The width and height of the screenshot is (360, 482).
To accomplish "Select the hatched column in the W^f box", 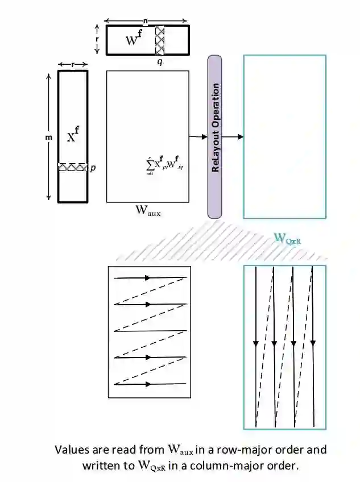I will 160,39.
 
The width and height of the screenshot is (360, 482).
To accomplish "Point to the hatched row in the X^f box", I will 72,168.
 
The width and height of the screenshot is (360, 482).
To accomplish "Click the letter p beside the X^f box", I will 93,168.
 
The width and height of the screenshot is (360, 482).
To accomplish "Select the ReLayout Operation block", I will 214,136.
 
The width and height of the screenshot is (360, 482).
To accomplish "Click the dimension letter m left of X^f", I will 49,136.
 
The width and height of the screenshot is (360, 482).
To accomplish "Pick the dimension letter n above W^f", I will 146,21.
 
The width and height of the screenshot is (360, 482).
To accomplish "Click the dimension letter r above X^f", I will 72,64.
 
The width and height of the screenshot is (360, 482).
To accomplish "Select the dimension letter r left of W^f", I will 97,39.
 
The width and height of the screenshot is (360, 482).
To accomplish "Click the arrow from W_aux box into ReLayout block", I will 198,136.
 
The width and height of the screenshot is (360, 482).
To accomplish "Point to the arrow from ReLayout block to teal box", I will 233,136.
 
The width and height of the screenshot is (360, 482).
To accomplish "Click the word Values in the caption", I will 71,450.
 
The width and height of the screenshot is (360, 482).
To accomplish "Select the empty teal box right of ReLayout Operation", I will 284,136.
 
